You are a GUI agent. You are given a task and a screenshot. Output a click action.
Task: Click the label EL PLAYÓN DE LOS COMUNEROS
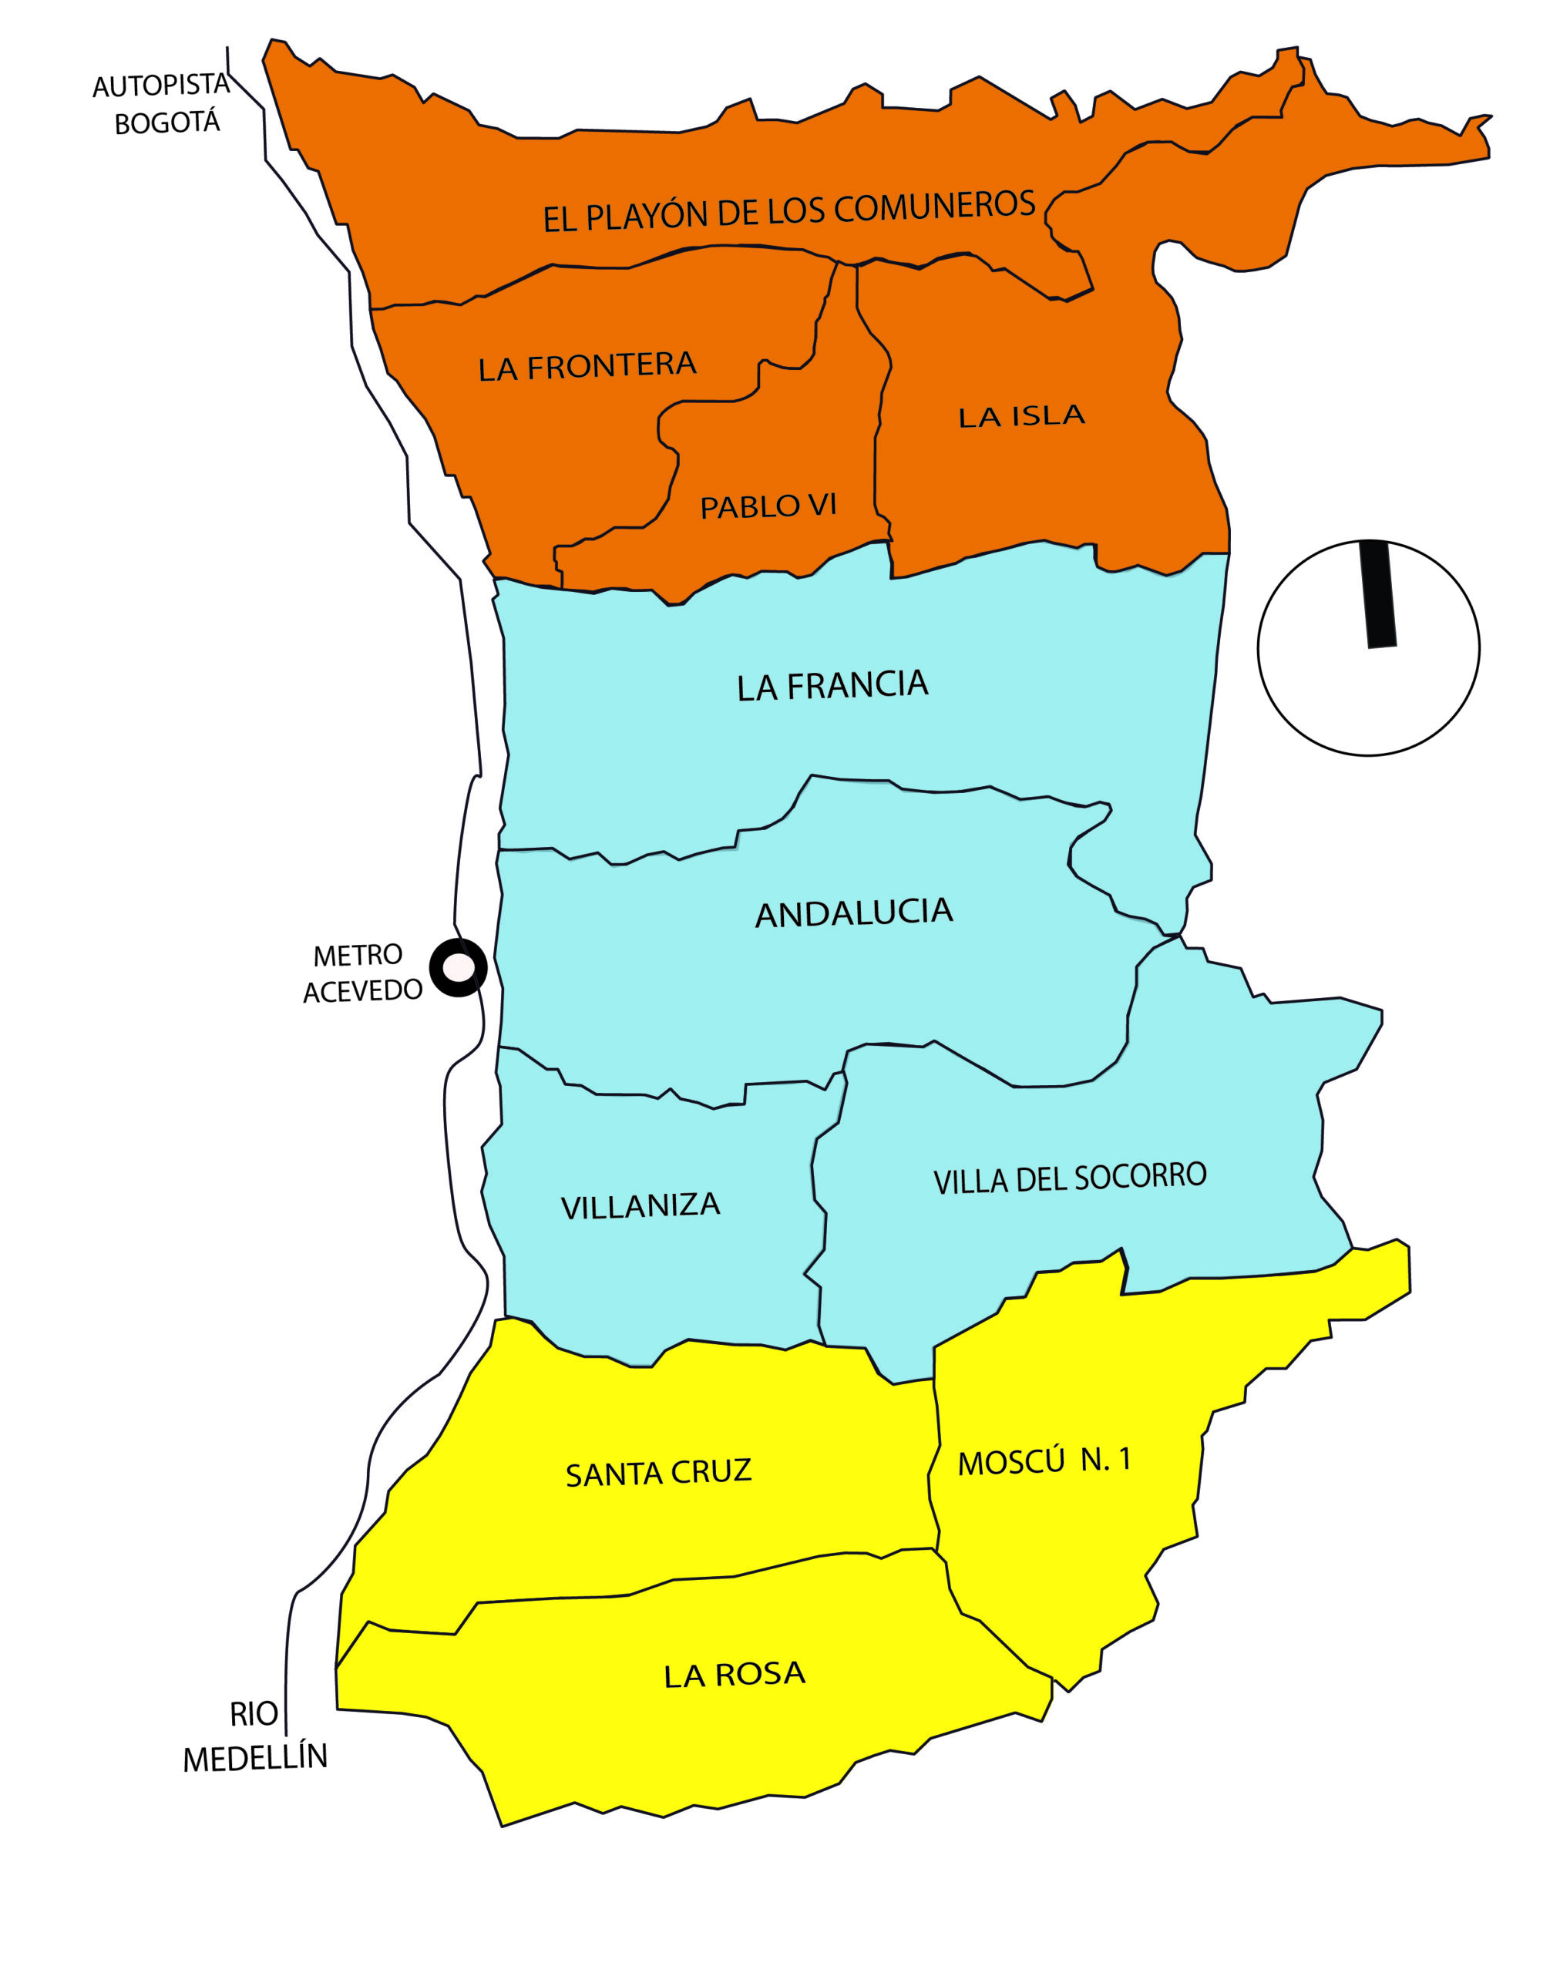pos(788,210)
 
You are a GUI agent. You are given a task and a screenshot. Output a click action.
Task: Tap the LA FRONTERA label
pos(587,366)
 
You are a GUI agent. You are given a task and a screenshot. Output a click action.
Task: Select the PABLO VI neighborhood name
pos(768,506)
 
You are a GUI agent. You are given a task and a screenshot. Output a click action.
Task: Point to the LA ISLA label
pos(1022,415)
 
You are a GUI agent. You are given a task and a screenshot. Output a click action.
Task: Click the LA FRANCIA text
pos(832,685)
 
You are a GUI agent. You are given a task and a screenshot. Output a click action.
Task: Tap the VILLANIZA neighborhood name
pos(640,1205)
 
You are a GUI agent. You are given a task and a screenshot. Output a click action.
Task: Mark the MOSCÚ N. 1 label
pos(1044,1460)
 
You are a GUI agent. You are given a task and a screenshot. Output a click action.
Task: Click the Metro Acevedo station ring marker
pos(459,967)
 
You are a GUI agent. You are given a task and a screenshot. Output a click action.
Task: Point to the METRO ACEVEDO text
pos(361,972)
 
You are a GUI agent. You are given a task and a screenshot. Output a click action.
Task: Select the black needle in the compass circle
pos(1377,593)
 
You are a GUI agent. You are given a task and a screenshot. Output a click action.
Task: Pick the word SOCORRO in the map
pos(1140,1175)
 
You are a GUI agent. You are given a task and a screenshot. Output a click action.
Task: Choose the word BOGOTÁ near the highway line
pos(167,122)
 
